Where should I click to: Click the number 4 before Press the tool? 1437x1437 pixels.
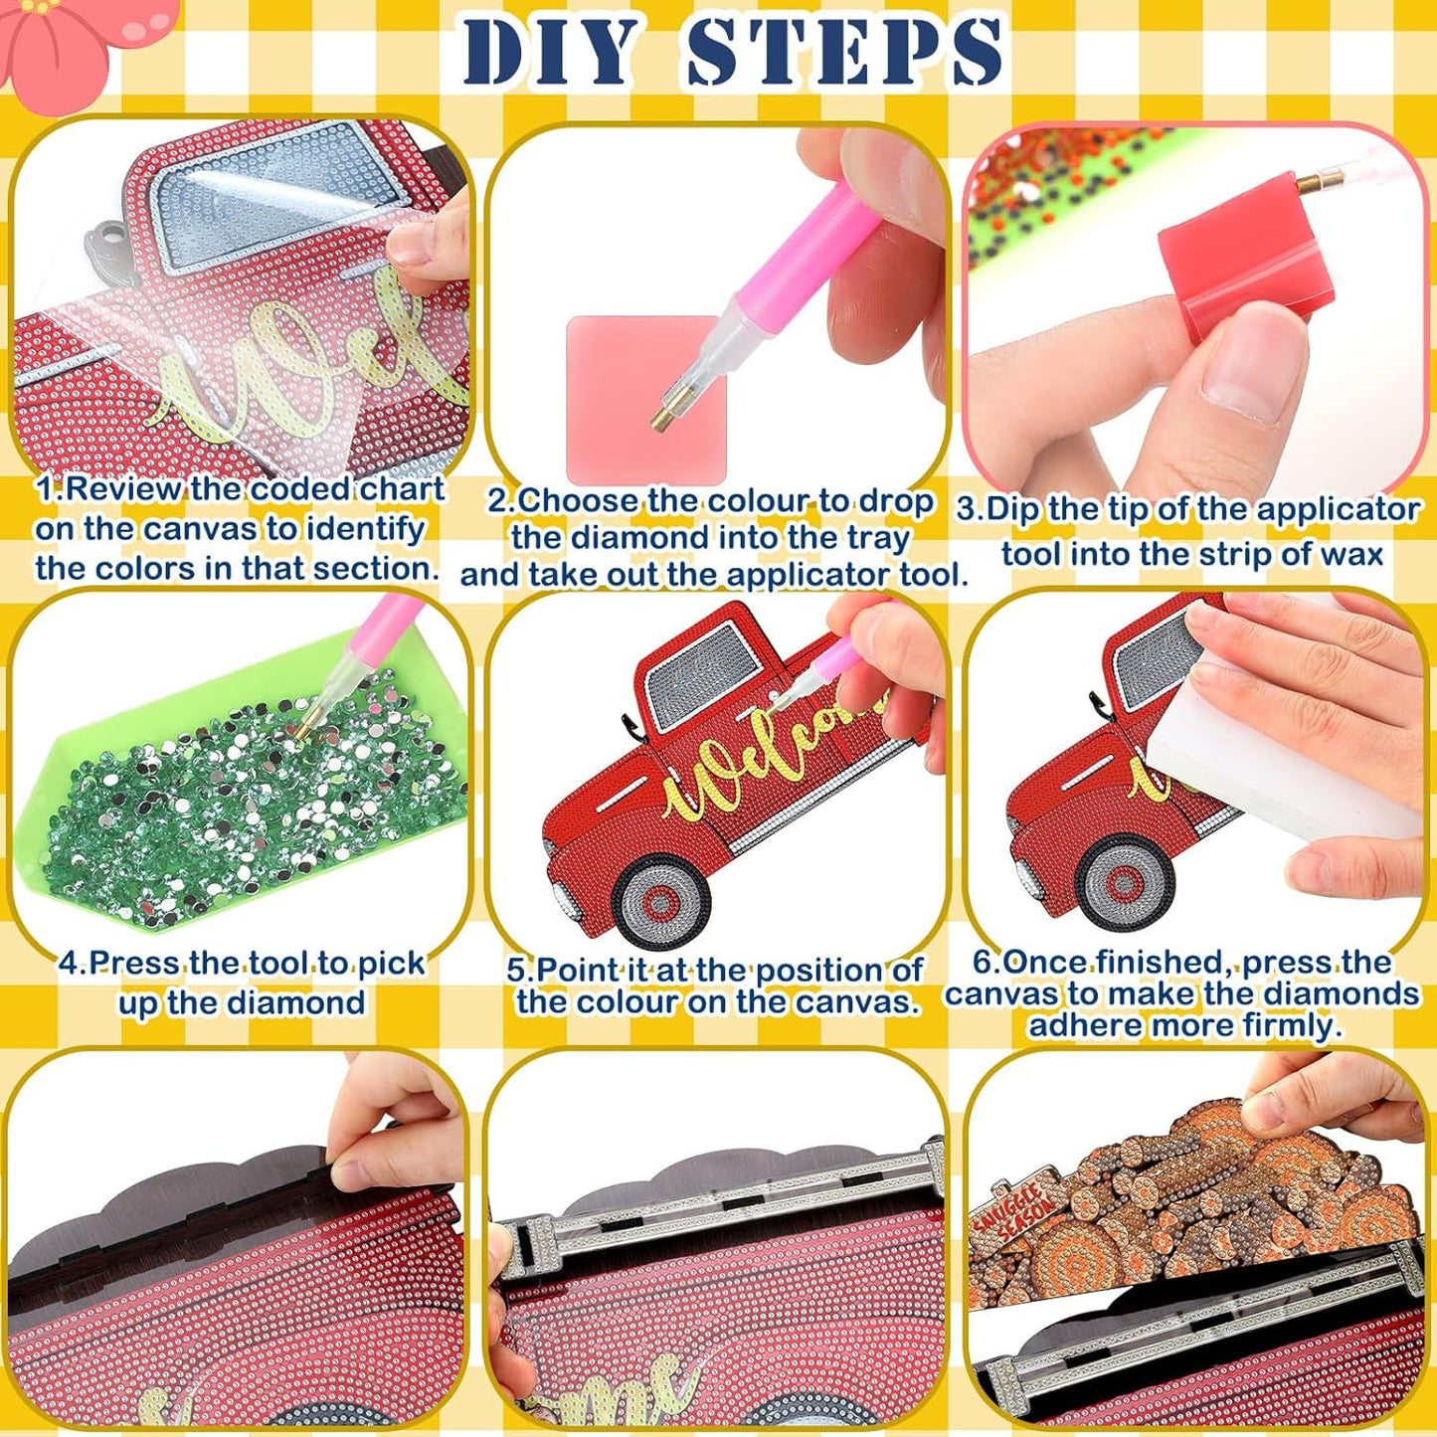(68, 963)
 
